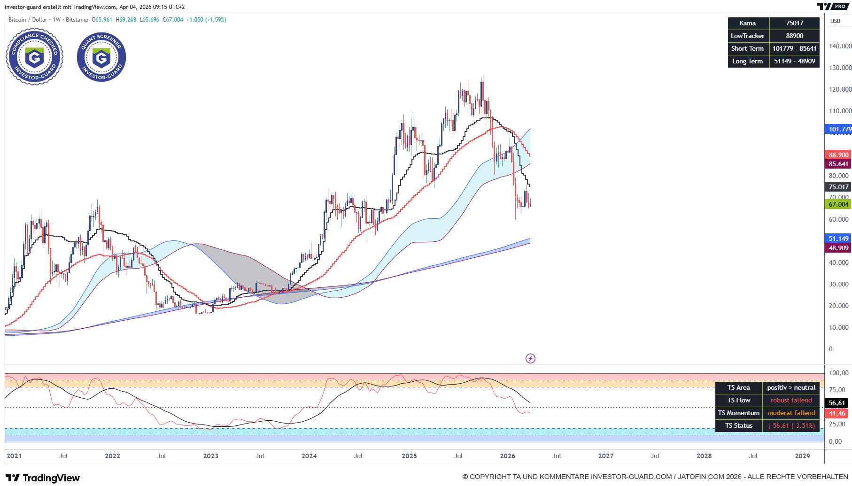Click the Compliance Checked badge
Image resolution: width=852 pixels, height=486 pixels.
(x=34, y=57)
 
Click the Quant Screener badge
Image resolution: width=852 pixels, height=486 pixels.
(x=101, y=57)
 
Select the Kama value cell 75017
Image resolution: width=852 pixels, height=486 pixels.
(x=794, y=23)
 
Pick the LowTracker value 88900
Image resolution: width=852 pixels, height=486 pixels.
(x=794, y=36)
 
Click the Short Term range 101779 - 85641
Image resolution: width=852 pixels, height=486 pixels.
(x=794, y=48)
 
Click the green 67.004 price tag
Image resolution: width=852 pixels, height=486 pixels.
(x=838, y=204)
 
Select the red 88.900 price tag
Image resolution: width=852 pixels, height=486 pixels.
(x=838, y=155)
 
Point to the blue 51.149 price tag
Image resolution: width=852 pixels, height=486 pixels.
(x=838, y=239)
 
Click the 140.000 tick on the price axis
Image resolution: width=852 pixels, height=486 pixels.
(x=840, y=46)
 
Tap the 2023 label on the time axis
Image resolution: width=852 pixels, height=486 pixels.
(x=210, y=456)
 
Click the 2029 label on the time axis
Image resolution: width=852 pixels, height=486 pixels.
(x=802, y=456)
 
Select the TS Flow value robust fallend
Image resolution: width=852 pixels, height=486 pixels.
(x=791, y=400)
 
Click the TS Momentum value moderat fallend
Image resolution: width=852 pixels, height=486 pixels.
(x=791, y=413)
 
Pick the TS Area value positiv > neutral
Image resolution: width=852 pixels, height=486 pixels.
(x=791, y=387)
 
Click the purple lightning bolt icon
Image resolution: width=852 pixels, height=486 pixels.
(x=530, y=359)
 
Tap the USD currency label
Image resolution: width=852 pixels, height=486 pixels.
(x=835, y=21)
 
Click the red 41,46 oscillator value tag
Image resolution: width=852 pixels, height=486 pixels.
(x=837, y=414)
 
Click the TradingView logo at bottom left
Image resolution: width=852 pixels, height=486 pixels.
(x=43, y=478)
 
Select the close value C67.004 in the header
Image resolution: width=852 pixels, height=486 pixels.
(x=173, y=20)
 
